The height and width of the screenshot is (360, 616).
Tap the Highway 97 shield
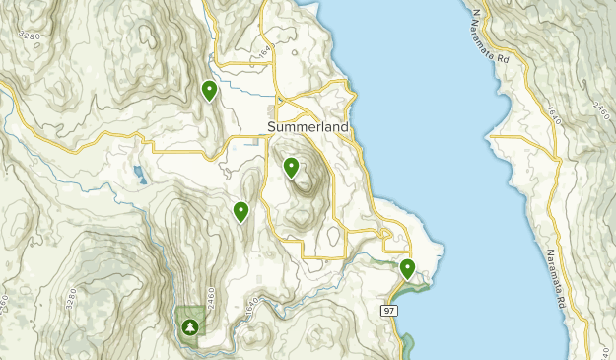pyautogui.click(x=388, y=310)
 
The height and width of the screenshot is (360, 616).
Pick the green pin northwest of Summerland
pyautogui.click(x=209, y=91)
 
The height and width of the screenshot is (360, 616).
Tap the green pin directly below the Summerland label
pyautogui.click(x=291, y=168)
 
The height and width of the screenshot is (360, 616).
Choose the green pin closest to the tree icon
pyautogui.click(x=240, y=211)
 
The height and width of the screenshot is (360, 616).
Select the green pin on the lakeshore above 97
pyautogui.click(x=407, y=267)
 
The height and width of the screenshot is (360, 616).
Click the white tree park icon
pyautogui.click(x=190, y=325)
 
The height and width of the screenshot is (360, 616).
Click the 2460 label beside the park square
pyautogui.click(x=210, y=297)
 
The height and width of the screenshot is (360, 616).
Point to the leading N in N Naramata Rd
pyautogui.click(x=475, y=13)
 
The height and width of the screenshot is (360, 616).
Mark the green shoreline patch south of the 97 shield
pyautogui.click(x=408, y=344)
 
